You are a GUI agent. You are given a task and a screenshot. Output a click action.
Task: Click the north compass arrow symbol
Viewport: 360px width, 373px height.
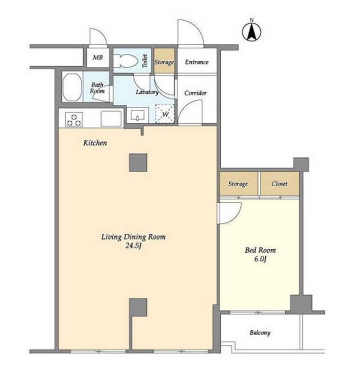(251, 32)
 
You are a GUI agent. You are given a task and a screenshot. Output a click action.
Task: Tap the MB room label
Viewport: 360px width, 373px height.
(97, 57)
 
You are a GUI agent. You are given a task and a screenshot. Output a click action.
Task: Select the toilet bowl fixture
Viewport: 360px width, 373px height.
(125, 61)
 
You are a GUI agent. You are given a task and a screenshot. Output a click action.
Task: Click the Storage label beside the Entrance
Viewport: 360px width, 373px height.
(164, 62)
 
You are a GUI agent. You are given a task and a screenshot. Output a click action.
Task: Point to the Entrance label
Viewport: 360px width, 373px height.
(196, 62)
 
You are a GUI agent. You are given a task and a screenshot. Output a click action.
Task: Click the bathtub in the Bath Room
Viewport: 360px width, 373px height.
(72, 87)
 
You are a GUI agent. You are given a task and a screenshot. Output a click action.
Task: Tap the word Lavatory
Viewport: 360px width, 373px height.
(147, 92)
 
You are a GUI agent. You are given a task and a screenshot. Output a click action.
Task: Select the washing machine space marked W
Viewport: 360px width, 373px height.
(165, 114)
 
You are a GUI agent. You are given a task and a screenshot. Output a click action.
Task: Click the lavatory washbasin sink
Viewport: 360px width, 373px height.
(138, 115)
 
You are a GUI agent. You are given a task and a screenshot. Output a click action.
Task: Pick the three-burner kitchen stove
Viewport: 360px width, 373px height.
(74, 120)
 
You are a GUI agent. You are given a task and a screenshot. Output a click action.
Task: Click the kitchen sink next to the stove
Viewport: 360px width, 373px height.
(111, 119)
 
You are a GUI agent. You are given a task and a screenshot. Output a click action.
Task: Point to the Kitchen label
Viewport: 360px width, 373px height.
(95, 143)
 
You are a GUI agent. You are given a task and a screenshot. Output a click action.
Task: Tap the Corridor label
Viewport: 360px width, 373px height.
(195, 93)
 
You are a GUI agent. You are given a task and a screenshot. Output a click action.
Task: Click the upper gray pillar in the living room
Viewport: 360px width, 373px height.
(138, 162)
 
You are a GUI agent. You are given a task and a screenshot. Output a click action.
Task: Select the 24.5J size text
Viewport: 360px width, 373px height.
(133, 245)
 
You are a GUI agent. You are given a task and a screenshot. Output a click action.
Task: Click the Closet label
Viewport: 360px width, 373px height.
(280, 184)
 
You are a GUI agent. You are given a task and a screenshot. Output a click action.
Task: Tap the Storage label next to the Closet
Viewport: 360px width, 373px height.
(238, 184)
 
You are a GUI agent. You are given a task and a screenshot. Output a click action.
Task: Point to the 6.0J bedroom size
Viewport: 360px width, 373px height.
(260, 259)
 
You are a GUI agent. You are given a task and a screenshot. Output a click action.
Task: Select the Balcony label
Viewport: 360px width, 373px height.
(260, 333)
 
